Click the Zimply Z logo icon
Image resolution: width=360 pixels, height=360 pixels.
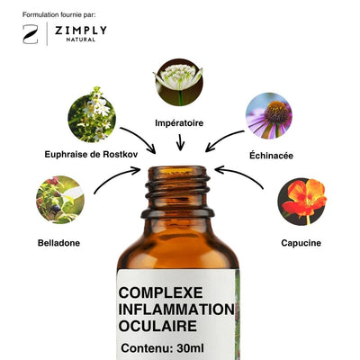coord(31,34)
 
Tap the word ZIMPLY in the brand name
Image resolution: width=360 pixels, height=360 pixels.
coord(81,31)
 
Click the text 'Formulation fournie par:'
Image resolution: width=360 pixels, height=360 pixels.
coord(59,14)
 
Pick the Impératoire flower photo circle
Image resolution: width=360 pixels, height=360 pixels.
coord(179,82)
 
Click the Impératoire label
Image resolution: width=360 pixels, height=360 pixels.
coord(179,123)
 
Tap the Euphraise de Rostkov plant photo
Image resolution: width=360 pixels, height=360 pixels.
coord(92,115)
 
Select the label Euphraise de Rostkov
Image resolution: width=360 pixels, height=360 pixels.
coord(91,155)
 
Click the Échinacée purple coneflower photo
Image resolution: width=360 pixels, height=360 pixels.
coord(269,116)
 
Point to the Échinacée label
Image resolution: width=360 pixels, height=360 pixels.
coord(271,156)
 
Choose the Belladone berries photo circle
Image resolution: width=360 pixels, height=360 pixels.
coord(60,200)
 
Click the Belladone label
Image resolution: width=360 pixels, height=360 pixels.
coord(58,243)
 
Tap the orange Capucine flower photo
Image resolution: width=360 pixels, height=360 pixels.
coord(302,202)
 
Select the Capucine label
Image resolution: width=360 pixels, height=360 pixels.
coord(301,243)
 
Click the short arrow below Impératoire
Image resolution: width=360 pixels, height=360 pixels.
coord(180,142)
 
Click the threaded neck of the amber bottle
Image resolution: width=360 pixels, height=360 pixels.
coord(178,192)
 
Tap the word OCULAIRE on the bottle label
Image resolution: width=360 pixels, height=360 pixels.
coord(157,327)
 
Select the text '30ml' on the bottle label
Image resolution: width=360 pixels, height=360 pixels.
coord(191,348)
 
